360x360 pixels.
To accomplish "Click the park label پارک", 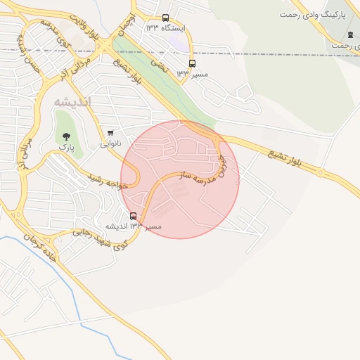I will [x=66, y=148].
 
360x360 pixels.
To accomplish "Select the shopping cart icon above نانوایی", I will [x=110, y=133].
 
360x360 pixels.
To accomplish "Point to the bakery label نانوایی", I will [x=110, y=143].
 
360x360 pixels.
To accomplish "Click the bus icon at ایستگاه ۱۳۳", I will [x=165, y=18].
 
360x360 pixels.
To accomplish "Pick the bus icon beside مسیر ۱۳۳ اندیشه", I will [x=134, y=216].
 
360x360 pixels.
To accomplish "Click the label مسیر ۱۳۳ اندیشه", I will [x=134, y=226].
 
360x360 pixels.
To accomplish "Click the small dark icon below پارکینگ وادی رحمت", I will [x=350, y=35].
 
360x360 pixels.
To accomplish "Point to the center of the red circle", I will [x=180, y=179].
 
